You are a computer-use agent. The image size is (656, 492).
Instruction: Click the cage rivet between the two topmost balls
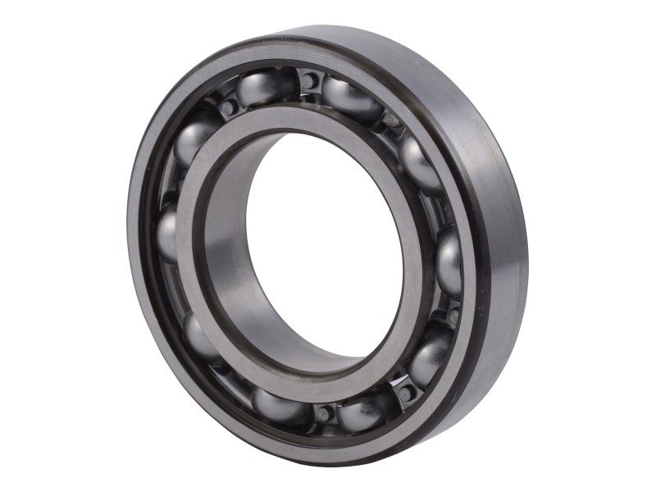(310, 81)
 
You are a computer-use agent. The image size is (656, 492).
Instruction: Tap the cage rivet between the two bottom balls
(325, 412)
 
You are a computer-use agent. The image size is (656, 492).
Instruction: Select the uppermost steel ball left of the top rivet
(263, 87)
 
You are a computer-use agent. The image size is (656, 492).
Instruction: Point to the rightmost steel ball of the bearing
(449, 262)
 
